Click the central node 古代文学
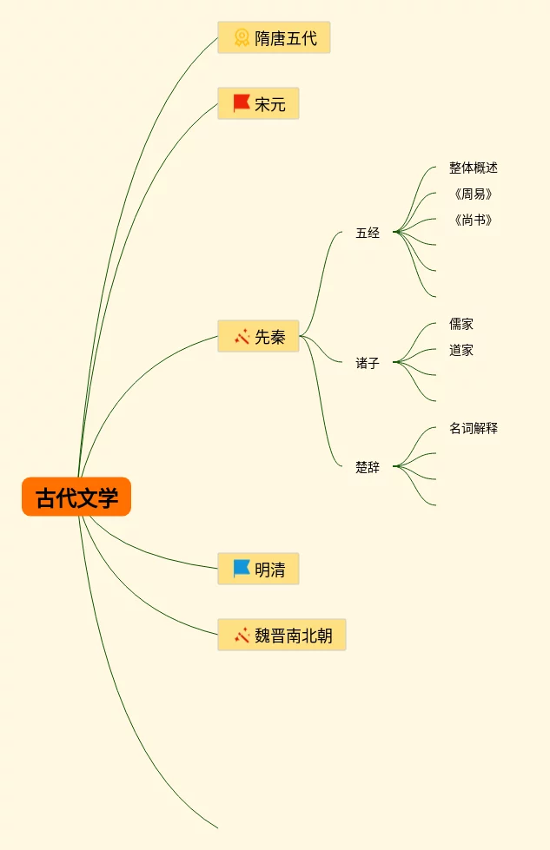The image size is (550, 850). pos(76,497)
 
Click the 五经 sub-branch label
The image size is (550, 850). pos(368,233)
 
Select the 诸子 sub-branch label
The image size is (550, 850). pos(368,363)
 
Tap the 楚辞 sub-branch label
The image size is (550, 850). pos(368,467)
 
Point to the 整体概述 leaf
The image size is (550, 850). pos(473,168)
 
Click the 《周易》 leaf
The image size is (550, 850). pos(473,194)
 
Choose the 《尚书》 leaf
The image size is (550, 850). pos(473,220)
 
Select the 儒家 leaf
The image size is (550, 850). pos(461,324)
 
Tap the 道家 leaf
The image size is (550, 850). pos(461,350)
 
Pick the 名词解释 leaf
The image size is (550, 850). pos(473,428)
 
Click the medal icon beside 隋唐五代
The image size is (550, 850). pos(242,38)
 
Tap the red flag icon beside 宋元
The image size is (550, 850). pos(242,104)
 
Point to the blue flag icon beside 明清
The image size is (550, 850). pos(242,570)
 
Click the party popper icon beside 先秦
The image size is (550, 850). pos(242,337)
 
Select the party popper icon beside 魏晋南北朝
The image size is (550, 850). pos(242,636)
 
